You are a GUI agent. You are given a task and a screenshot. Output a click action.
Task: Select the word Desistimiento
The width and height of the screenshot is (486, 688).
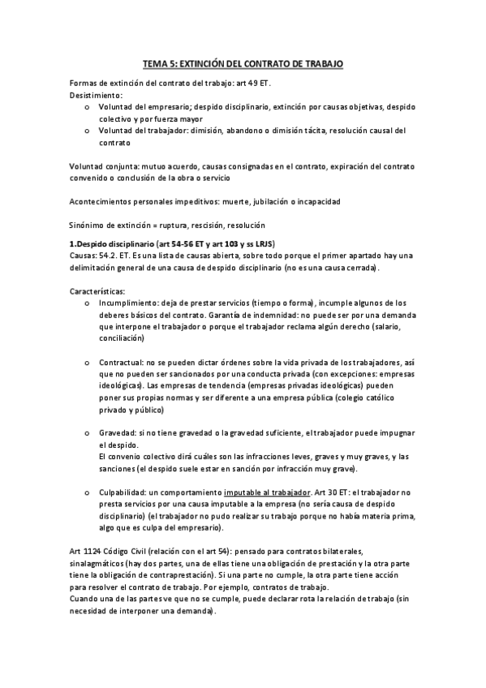pyautogui.click(x=98, y=96)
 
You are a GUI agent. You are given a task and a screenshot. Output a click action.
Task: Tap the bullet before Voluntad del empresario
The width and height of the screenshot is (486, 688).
pyautogui.click(x=87, y=107)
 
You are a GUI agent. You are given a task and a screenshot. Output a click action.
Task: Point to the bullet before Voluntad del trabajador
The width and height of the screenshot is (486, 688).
pyautogui.click(x=87, y=131)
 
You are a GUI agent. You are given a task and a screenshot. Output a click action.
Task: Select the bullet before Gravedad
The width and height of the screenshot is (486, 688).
pyautogui.click(x=87, y=432)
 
